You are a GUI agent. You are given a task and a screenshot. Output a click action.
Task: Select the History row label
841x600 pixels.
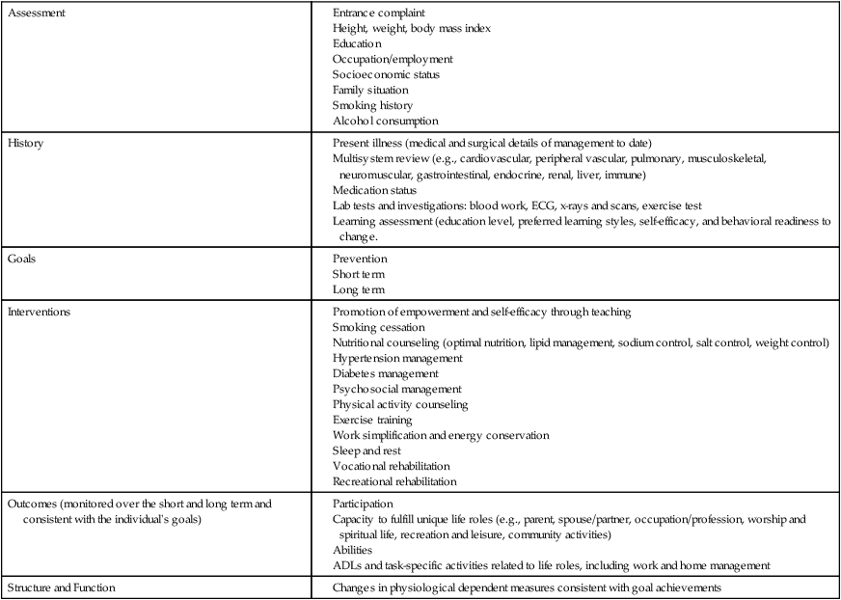pos(26,143)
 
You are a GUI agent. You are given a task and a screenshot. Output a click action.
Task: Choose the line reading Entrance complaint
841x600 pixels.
pos(379,14)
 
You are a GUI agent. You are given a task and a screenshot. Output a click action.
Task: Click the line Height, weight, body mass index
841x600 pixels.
pos(412,29)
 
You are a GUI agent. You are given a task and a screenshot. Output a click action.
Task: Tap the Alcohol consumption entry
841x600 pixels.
pos(386,122)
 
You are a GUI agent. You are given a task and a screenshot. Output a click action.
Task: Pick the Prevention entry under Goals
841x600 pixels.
pos(360,259)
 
